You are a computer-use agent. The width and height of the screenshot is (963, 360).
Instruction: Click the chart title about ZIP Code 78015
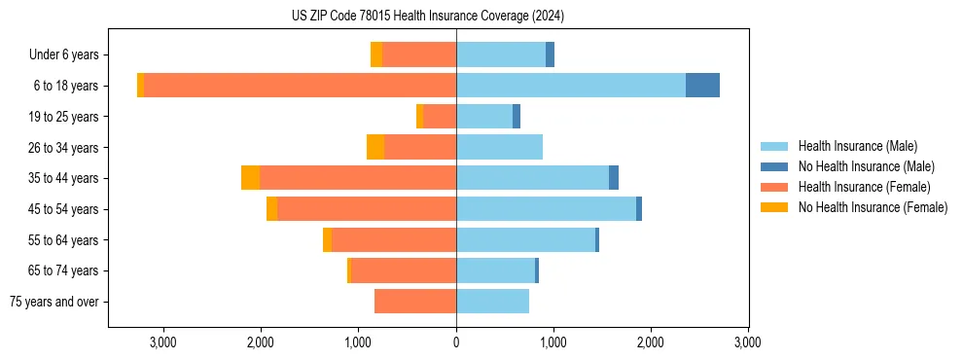[x=428, y=17]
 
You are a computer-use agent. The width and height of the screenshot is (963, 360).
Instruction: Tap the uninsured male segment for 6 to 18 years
[x=702, y=86]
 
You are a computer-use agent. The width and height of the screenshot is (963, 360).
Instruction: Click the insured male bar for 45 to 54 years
[x=546, y=209]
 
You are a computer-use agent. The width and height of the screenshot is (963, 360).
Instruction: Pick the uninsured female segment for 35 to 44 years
[x=250, y=178]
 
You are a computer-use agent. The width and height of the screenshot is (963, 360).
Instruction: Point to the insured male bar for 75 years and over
[x=492, y=302]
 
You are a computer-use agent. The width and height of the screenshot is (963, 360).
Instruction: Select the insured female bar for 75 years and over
[x=415, y=302]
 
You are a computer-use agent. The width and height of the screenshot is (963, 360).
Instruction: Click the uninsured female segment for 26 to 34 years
[x=375, y=147]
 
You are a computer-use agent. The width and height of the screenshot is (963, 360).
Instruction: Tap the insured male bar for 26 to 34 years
[x=499, y=147]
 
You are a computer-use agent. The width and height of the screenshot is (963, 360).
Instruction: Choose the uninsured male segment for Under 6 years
[x=550, y=54]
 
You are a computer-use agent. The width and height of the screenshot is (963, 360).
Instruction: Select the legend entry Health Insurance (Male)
[x=857, y=146]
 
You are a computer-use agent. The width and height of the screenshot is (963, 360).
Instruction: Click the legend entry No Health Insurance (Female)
[x=873, y=207]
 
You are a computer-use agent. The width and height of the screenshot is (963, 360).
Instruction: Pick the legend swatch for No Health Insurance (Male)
[x=775, y=166]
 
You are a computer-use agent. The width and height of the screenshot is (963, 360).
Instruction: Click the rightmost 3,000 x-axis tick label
[x=747, y=342]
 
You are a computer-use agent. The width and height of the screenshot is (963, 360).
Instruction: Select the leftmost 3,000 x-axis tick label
[x=163, y=342]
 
